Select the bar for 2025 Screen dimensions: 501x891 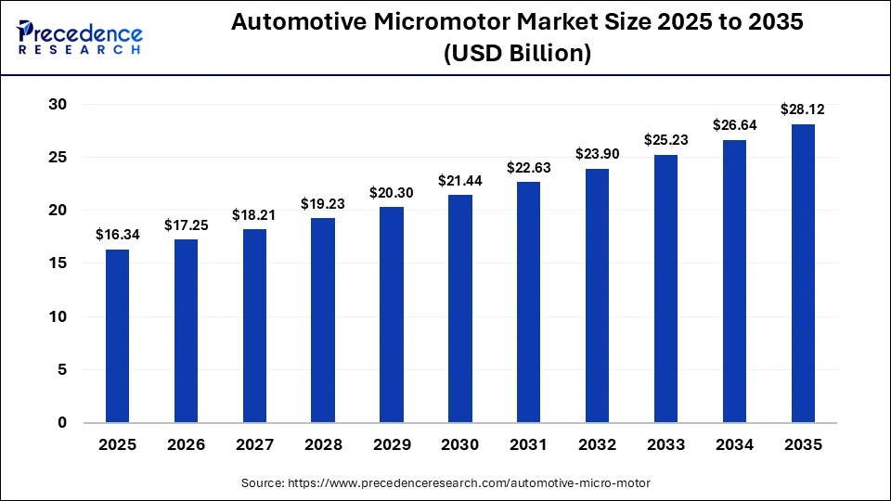[x=117, y=336]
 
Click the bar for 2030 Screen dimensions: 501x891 [x=460, y=309]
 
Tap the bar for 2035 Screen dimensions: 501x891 [x=803, y=274]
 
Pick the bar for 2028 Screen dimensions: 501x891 [x=323, y=320]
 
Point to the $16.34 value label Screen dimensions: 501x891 [x=117, y=235]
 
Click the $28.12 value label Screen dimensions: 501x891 [x=803, y=109]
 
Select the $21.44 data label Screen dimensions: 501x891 [x=460, y=180]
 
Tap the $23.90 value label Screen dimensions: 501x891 [x=598, y=154]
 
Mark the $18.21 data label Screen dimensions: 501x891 [x=254, y=214]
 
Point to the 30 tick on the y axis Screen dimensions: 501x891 [x=58, y=105]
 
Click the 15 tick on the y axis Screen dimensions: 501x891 [x=58, y=263]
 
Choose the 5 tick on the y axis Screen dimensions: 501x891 [x=62, y=369]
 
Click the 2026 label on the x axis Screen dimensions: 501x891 [x=186, y=445]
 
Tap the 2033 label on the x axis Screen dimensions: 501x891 [x=665, y=445]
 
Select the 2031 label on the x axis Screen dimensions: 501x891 [x=529, y=445]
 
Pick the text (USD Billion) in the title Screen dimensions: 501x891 [x=517, y=54]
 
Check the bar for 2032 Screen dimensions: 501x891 [x=598, y=296]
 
